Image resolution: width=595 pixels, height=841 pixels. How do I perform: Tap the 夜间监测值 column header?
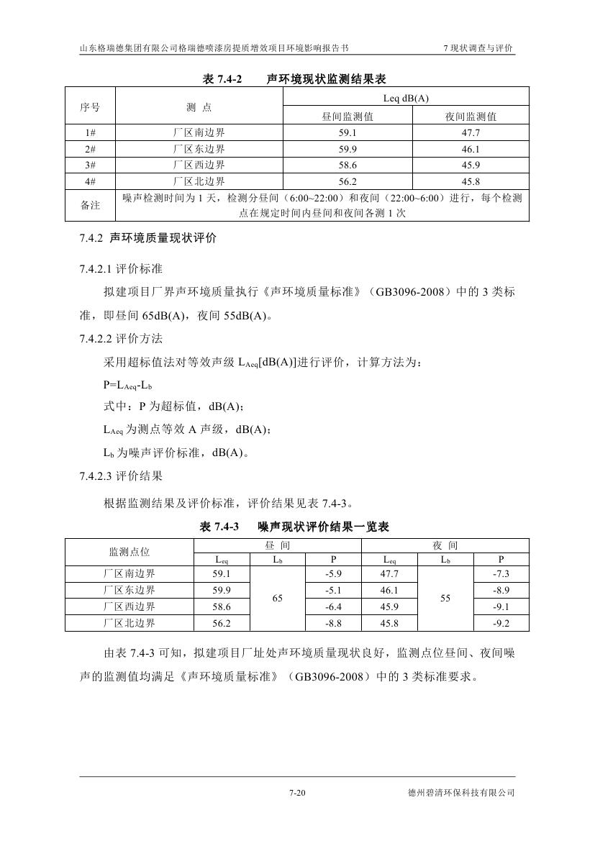pos(471,116)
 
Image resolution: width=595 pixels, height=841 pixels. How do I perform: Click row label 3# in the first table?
pos(91,165)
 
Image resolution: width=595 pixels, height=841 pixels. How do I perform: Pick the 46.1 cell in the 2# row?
pos(471,149)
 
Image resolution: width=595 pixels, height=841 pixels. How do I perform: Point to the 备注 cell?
pos(91,205)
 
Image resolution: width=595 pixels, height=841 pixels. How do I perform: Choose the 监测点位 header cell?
pos(130,552)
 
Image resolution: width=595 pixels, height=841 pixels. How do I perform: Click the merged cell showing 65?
pos(277,599)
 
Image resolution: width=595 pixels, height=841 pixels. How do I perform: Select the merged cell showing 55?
pos(445,599)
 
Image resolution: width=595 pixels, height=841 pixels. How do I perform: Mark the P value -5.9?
pos(332,574)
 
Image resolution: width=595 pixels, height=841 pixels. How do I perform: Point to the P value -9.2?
pos(501,623)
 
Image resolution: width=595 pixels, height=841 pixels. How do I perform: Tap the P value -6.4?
pos(332,606)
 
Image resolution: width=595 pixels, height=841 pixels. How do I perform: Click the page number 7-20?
pos(297,794)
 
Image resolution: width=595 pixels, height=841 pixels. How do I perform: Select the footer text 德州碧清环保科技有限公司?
pos(460,794)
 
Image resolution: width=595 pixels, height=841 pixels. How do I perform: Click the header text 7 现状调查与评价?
pos(478,48)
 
